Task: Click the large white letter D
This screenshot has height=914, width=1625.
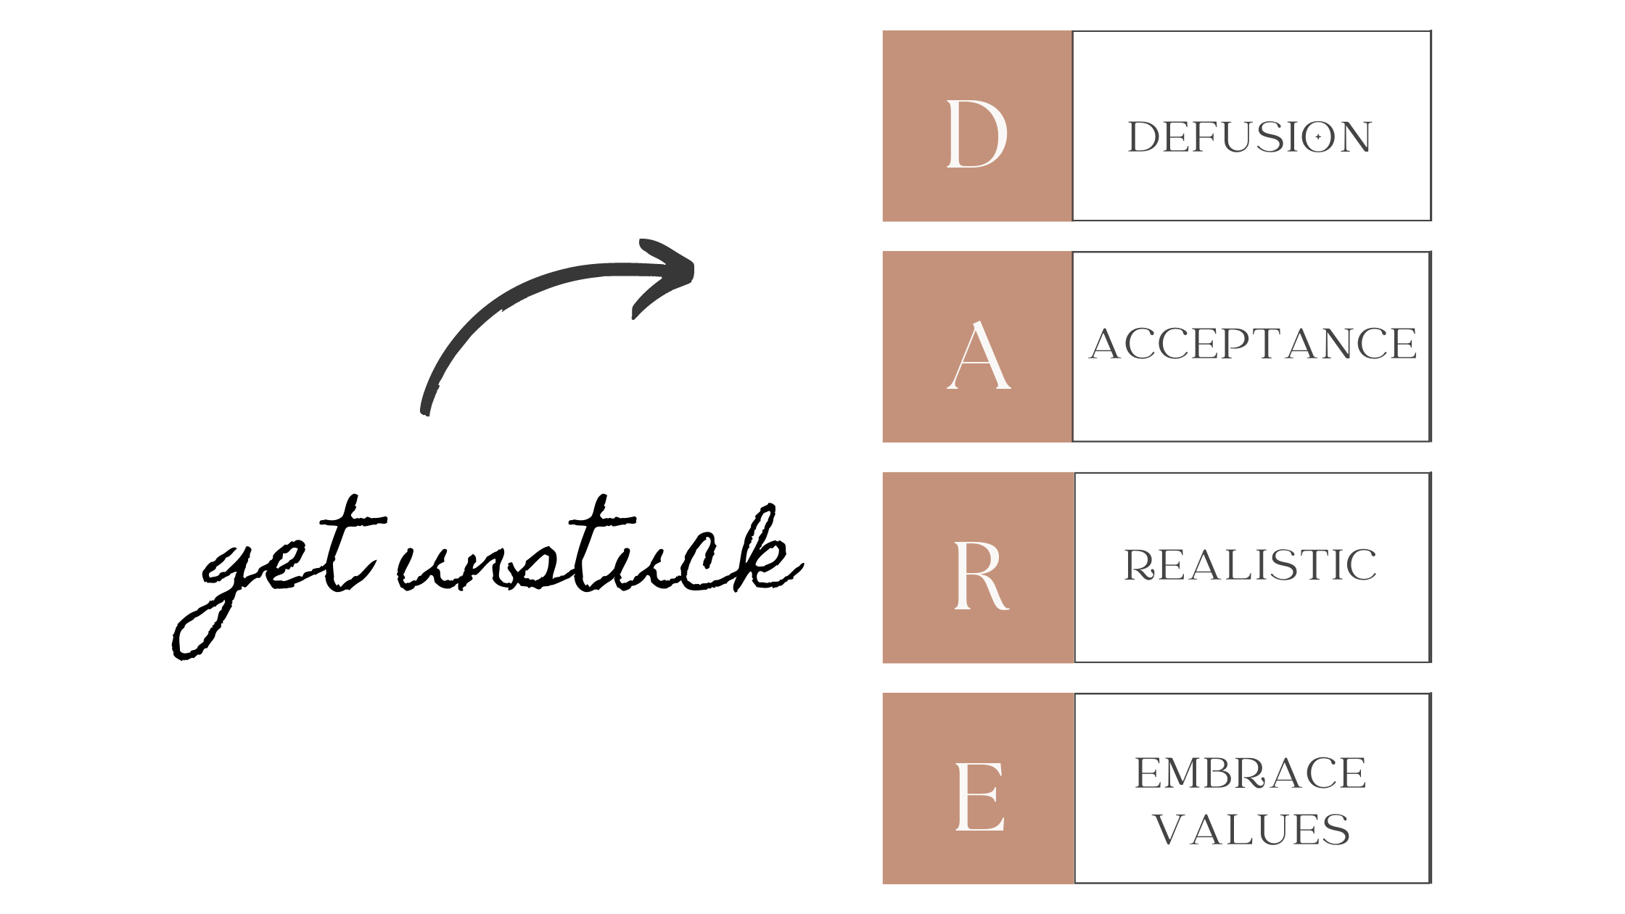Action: [x=976, y=133]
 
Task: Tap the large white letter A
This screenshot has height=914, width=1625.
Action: [x=979, y=355]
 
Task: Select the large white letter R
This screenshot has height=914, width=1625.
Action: [x=980, y=575]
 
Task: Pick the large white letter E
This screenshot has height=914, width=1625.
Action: [x=980, y=796]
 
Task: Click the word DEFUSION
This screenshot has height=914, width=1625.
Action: [x=1250, y=137]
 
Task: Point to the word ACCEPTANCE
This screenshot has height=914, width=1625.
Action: [x=1253, y=344]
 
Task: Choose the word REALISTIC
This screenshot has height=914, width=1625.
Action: [x=1250, y=565]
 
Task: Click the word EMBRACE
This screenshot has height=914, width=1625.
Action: [x=1251, y=773]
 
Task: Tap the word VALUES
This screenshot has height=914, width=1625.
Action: [x=1251, y=829]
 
